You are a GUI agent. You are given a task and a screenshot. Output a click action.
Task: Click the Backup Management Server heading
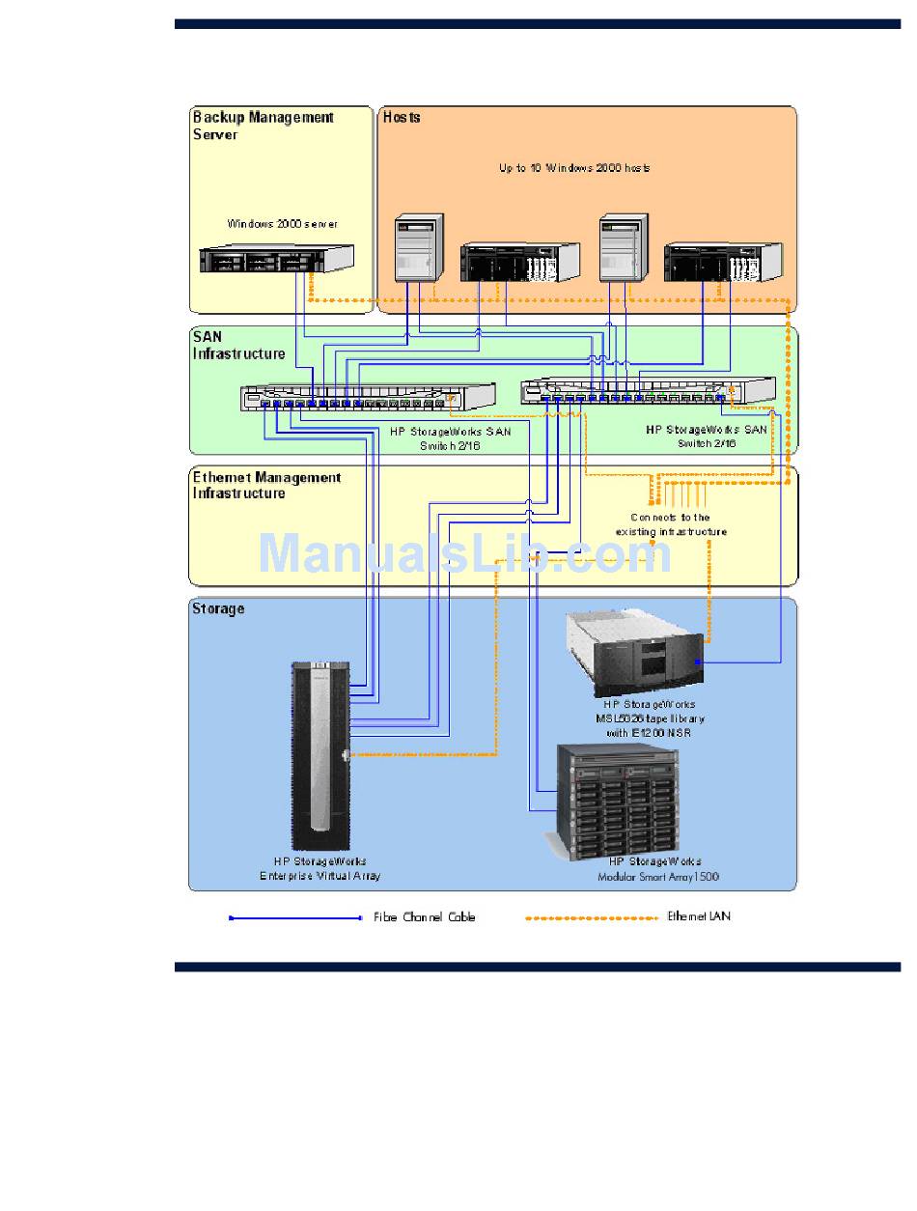click(263, 126)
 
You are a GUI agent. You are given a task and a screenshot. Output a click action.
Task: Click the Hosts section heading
click(402, 118)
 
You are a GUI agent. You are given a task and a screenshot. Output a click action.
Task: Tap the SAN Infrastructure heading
click(238, 345)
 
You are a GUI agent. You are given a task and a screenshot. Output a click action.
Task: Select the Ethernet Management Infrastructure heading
click(265, 485)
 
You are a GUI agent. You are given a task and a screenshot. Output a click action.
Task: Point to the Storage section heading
click(218, 608)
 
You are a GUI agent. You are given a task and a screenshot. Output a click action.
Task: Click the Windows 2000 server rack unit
click(276, 259)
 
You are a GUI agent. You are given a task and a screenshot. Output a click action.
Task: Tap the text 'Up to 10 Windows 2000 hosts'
click(574, 168)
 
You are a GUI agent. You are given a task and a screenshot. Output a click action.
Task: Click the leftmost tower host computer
click(419, 248)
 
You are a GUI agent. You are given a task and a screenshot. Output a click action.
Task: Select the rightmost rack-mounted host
click(723, 262)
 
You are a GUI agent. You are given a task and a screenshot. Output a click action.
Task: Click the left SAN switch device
click(368, 397)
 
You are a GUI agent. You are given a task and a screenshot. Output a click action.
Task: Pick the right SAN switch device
click(647, 389)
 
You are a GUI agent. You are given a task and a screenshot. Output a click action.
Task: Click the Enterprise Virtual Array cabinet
click(320, 754)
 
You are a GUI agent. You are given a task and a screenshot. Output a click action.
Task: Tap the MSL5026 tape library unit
click(635, 654)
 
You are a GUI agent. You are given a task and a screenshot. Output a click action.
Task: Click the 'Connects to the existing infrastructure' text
click(671, 524)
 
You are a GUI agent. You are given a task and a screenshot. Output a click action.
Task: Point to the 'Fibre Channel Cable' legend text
click(424, 916)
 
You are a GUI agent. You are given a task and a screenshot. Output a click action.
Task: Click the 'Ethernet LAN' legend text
click(699, 915)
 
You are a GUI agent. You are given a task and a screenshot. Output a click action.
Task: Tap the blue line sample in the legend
click(295, 917)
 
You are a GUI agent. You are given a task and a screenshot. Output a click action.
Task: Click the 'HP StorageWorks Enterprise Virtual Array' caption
click(320, 868)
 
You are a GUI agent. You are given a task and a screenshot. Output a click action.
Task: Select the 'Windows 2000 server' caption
click(282, 223)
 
